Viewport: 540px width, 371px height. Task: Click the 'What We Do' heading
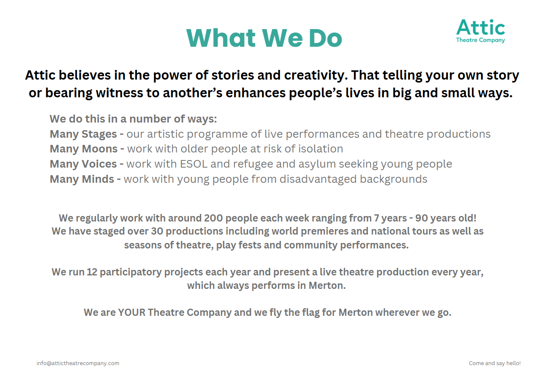click(264, 38)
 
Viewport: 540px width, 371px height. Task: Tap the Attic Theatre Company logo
click(481, 31)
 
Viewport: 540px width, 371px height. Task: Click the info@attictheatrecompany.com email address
click(78, 363)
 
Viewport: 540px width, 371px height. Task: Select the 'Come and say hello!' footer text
click(495, 363)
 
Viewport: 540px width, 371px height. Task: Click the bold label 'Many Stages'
click(83, 134)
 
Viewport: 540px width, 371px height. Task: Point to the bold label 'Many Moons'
click(84, 149)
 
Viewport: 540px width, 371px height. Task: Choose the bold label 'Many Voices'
click(83, 164)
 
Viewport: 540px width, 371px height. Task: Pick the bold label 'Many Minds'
click(82, 179)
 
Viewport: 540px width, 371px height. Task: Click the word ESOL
click(194, 164)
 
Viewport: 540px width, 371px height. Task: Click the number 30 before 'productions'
click(157, 231)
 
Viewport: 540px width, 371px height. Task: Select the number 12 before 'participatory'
click(92, 272)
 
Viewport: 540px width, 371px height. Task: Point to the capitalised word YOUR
click(132, 312)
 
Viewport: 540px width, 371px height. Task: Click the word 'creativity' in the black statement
click(316, 75)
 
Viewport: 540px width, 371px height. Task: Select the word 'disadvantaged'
click(318, 179)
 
